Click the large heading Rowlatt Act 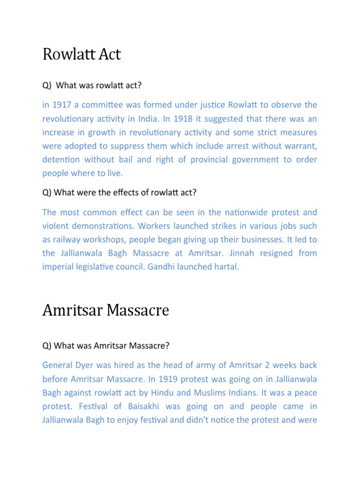[82, 54]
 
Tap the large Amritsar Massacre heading [105, 310]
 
